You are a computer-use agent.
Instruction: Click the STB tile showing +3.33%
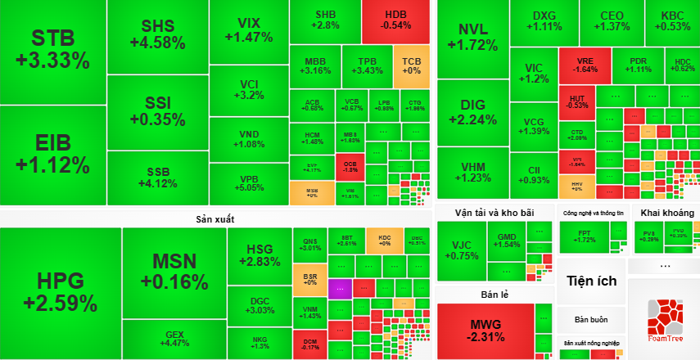(52, 49)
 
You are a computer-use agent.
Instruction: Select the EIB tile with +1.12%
(52, 153)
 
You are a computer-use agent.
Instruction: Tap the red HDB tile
(396, 21)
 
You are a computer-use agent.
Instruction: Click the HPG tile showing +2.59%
(61, 293)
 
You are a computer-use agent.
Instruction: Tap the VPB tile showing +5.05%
(249, 182)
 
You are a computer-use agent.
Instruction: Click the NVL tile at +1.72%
(472, 37)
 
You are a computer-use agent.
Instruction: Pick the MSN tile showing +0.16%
(174, 272)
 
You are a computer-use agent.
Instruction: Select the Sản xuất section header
(215, 218)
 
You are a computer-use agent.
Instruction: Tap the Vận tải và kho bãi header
(494, 213)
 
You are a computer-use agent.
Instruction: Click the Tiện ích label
(591, 281)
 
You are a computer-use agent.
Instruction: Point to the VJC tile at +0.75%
(461, 250)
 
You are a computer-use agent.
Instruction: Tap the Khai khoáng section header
(667, 213)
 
